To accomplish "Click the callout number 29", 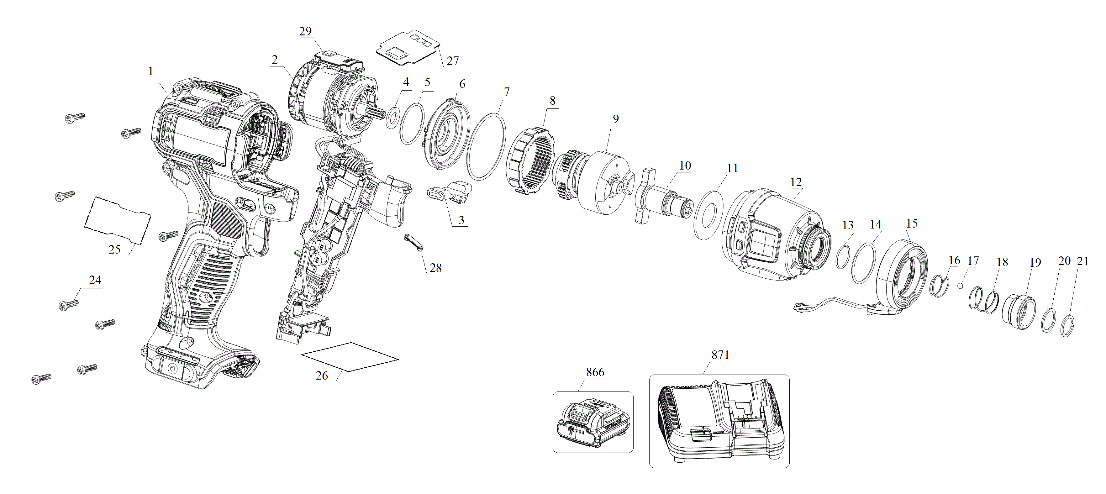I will point(305,31).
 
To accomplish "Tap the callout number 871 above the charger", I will point(720,355).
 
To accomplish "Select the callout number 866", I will point(595,372).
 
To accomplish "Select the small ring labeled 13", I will point(842,257).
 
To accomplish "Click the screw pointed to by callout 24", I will point(68,305).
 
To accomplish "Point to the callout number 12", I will point(796,182).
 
